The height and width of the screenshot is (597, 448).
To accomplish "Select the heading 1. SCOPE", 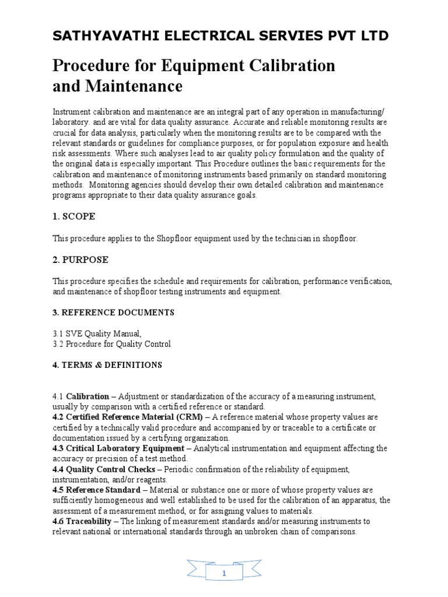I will (x=73, y=216).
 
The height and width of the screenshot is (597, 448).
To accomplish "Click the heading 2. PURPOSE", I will (x=80, y=259).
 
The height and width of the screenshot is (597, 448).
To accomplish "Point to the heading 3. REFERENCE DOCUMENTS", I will (x=113, y=312).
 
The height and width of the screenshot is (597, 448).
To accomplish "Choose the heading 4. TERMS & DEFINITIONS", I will (x=107, y=365).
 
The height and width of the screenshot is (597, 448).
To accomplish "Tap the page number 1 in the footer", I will (x=225, y=574).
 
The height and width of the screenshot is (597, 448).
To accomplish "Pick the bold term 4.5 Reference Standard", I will (x=96, y=490).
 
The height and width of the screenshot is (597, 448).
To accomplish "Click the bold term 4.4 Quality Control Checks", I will (x=104, y=469).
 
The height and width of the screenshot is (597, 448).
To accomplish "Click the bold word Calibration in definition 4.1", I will (x=88, y=396).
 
